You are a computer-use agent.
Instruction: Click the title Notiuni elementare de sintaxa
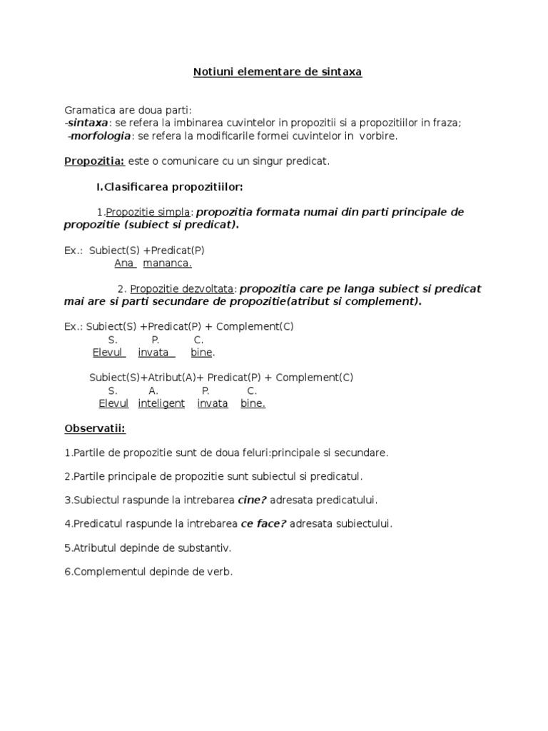pyautogui.click(x=278, y=72)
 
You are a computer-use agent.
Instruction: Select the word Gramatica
pyautogui.click(x=88, y=110)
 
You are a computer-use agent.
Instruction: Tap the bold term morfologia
pyautogui.click(x=100, y=136)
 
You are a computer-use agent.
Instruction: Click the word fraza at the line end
pyautogui.click(x=446, y=123)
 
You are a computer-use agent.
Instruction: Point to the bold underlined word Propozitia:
pyautogui.click(x=94, y=161)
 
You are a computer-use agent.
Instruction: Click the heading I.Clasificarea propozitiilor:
pyautogui.click(x=170, y=187)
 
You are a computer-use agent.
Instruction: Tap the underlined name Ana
pyautogui.click(x=124, y=263)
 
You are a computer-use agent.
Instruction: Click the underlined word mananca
pyautogui.click(x=168, y=263)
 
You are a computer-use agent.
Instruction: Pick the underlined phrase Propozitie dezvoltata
pyautogui.click(x=182, y=289)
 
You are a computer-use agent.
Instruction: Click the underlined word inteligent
pyautogui.click(x=161, y=403)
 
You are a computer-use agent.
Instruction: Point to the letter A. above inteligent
pyautogui.click(x=153, y=390)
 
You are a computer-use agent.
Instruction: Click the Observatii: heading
pyautogui.click(x=94, y=429)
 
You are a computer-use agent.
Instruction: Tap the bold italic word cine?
pyautogui.click(x=252, y=500)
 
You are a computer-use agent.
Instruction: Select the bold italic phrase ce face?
pyautogui.click(x=263, y=524)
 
